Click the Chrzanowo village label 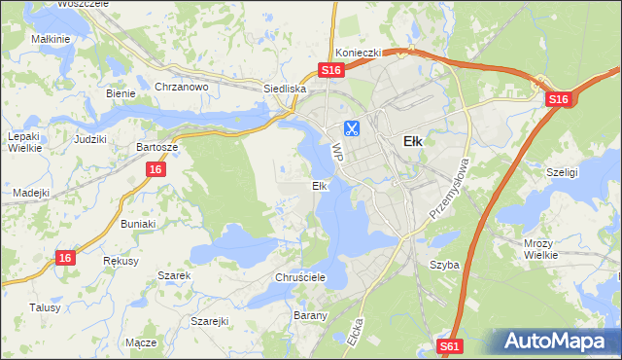pyautogui.click(x=182, y=87)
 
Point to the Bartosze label pyautogui.click(x=156, y=147)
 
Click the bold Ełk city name pyautogui.click(x=412, y=140)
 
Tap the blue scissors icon pyautogui.click(x=351, y=127)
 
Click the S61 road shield pyautogui.click(x=449, y=345)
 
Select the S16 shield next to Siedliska pyautogui.click(x=331, y=71)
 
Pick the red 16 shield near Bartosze pyautogui.click(x=155, y=169)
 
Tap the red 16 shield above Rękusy pyautogui.click(x=64, y=257)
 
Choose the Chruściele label pyautogui.click(x=299, y=277)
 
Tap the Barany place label pyautogui.click(x=309, y=315)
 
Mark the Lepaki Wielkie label pyautogui.click(x=23, y=143)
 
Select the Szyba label pyautogui.click(x=444, y=264)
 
